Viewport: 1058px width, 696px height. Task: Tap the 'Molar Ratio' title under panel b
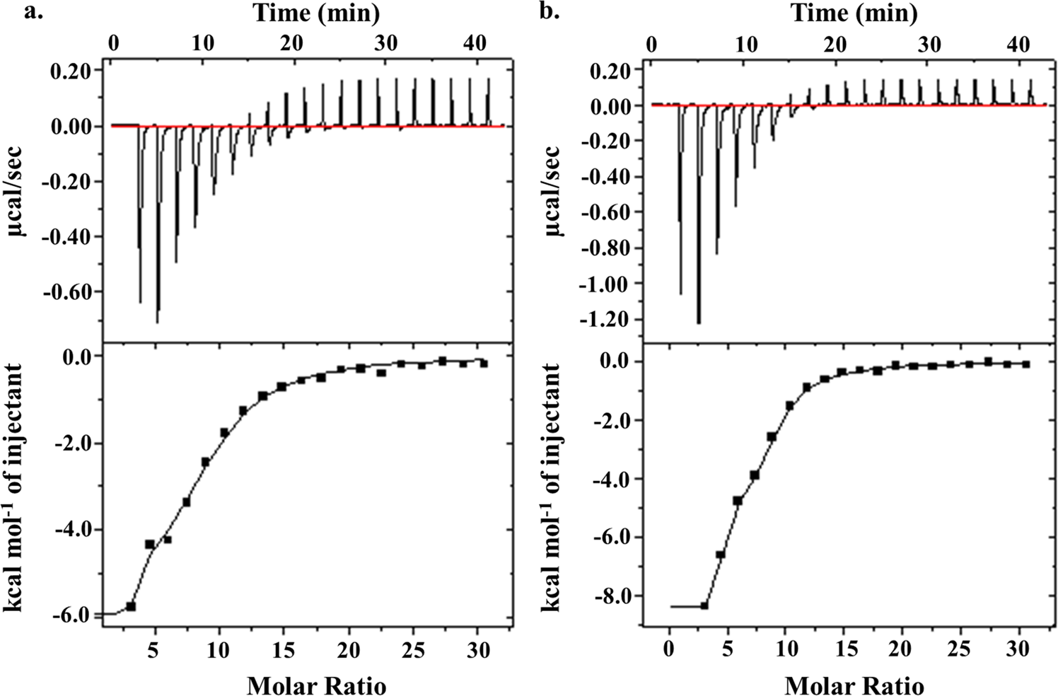[x=854, y=685]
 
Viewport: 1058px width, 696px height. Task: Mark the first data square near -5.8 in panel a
[x=131, y=606]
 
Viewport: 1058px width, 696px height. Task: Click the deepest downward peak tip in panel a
[x=157, y=323]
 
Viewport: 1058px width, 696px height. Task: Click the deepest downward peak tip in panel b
[x=699, y=323]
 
